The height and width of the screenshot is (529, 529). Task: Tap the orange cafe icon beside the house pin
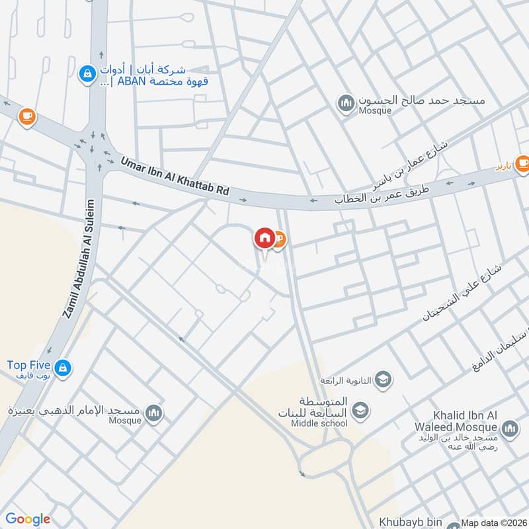click(278, 238)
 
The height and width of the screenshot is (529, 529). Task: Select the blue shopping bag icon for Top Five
click(63, 367)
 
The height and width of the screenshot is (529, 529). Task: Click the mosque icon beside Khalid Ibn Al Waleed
click(509, 430)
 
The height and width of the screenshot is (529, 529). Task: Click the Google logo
click(27, 519)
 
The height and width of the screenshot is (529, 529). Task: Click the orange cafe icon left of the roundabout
click(26, 117)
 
